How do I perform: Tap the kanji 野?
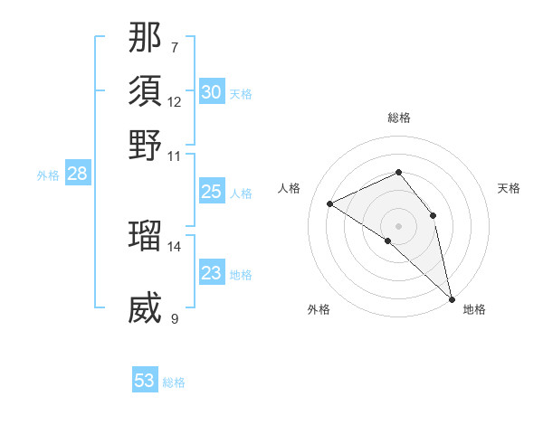click(145, 145)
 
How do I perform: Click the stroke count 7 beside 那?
click(174, 46)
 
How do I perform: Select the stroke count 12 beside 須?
click(175, 101)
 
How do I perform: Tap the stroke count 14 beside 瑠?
click(175, 246)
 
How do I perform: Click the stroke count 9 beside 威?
click(174, 318)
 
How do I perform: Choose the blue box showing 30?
click(211, 92)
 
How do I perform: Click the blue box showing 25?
click(211, 192)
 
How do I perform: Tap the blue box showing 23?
click(211, 273)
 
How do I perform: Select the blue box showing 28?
click(77, 175)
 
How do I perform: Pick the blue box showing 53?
click(145, 381)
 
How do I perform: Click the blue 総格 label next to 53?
click(174, 382)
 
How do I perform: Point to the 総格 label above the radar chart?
click(398, 118)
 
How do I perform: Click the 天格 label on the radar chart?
click(509, 188)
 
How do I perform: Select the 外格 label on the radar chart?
click(319, 310)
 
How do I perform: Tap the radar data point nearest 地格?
click(452, 297)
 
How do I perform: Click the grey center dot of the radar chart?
click(398, 225)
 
